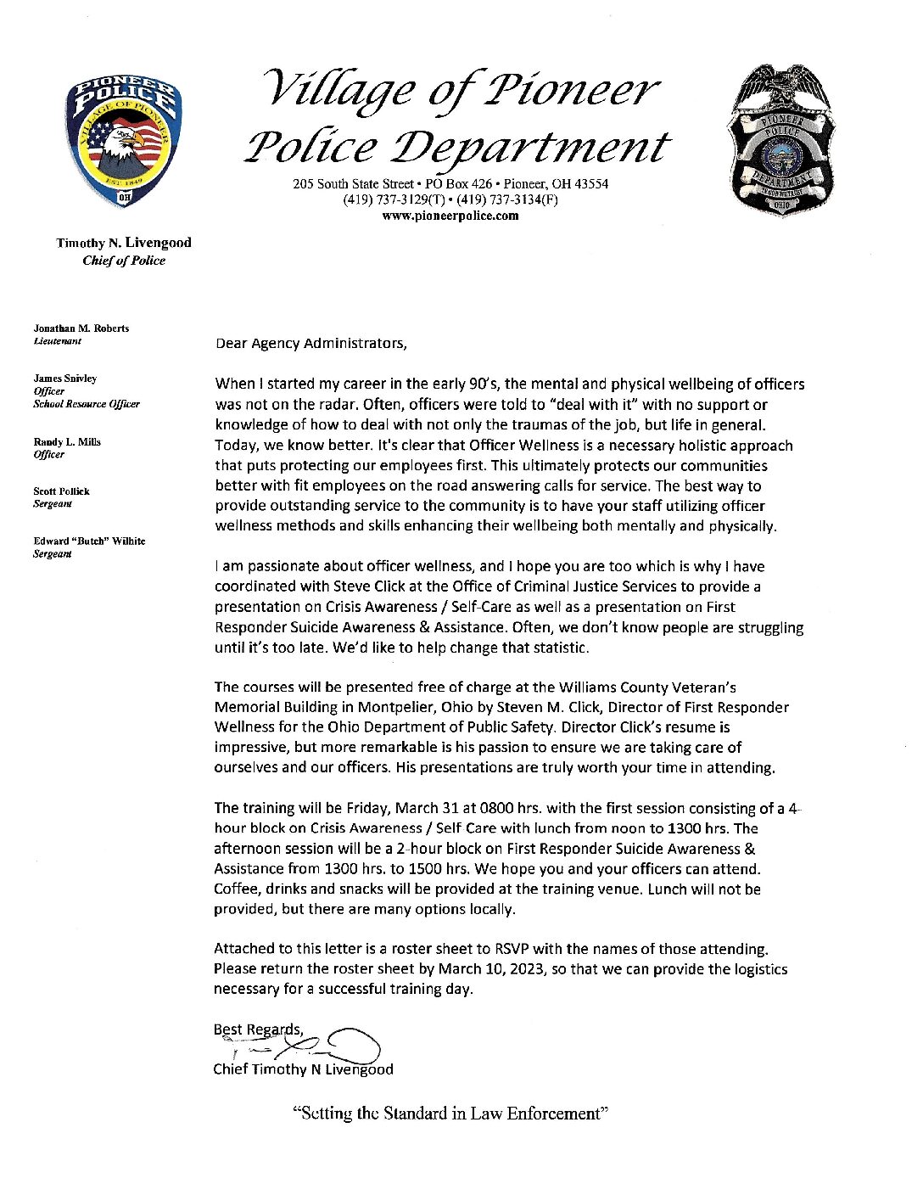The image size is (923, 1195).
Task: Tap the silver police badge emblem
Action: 781,141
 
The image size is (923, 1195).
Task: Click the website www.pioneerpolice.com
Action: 450,216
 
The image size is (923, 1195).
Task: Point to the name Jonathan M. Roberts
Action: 81,328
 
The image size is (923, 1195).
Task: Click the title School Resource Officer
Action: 87,404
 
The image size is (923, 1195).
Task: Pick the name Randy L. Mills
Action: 67,442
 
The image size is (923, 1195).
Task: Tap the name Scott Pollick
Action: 61,491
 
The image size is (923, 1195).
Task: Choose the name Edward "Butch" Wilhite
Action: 89,541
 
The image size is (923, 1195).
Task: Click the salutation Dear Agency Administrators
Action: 310,344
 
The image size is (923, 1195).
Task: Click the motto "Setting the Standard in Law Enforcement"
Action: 450,1114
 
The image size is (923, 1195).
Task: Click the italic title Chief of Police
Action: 124,261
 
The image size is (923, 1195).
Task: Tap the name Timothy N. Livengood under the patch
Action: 124,243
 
